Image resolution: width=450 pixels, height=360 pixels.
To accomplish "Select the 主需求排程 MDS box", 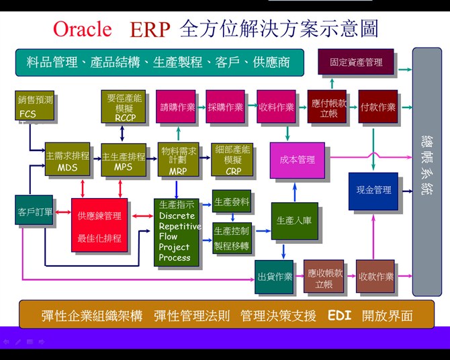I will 66,159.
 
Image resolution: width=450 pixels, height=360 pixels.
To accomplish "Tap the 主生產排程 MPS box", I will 123,159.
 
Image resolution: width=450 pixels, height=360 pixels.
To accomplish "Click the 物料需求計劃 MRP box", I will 177,159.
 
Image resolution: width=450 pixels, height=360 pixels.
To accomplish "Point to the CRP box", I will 232,159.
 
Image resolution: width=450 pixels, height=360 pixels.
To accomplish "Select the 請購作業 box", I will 177,107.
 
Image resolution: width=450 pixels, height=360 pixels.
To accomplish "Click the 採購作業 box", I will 225,107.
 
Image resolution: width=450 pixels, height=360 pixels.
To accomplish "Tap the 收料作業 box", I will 276,107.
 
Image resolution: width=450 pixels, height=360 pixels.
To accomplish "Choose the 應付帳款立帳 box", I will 327,107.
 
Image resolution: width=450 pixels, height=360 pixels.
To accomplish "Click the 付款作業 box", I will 377,107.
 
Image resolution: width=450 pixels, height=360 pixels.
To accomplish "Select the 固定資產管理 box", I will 356,62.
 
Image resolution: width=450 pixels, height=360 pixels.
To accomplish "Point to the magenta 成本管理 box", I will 297,160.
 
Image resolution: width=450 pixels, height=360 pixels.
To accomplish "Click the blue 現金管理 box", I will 373,190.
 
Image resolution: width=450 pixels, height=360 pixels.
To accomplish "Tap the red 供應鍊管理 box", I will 99,225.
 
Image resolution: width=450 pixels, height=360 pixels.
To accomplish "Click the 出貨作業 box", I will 274,275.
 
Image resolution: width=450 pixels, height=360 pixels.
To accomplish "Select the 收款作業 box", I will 375,275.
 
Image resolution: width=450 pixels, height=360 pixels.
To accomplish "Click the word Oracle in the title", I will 82,29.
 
